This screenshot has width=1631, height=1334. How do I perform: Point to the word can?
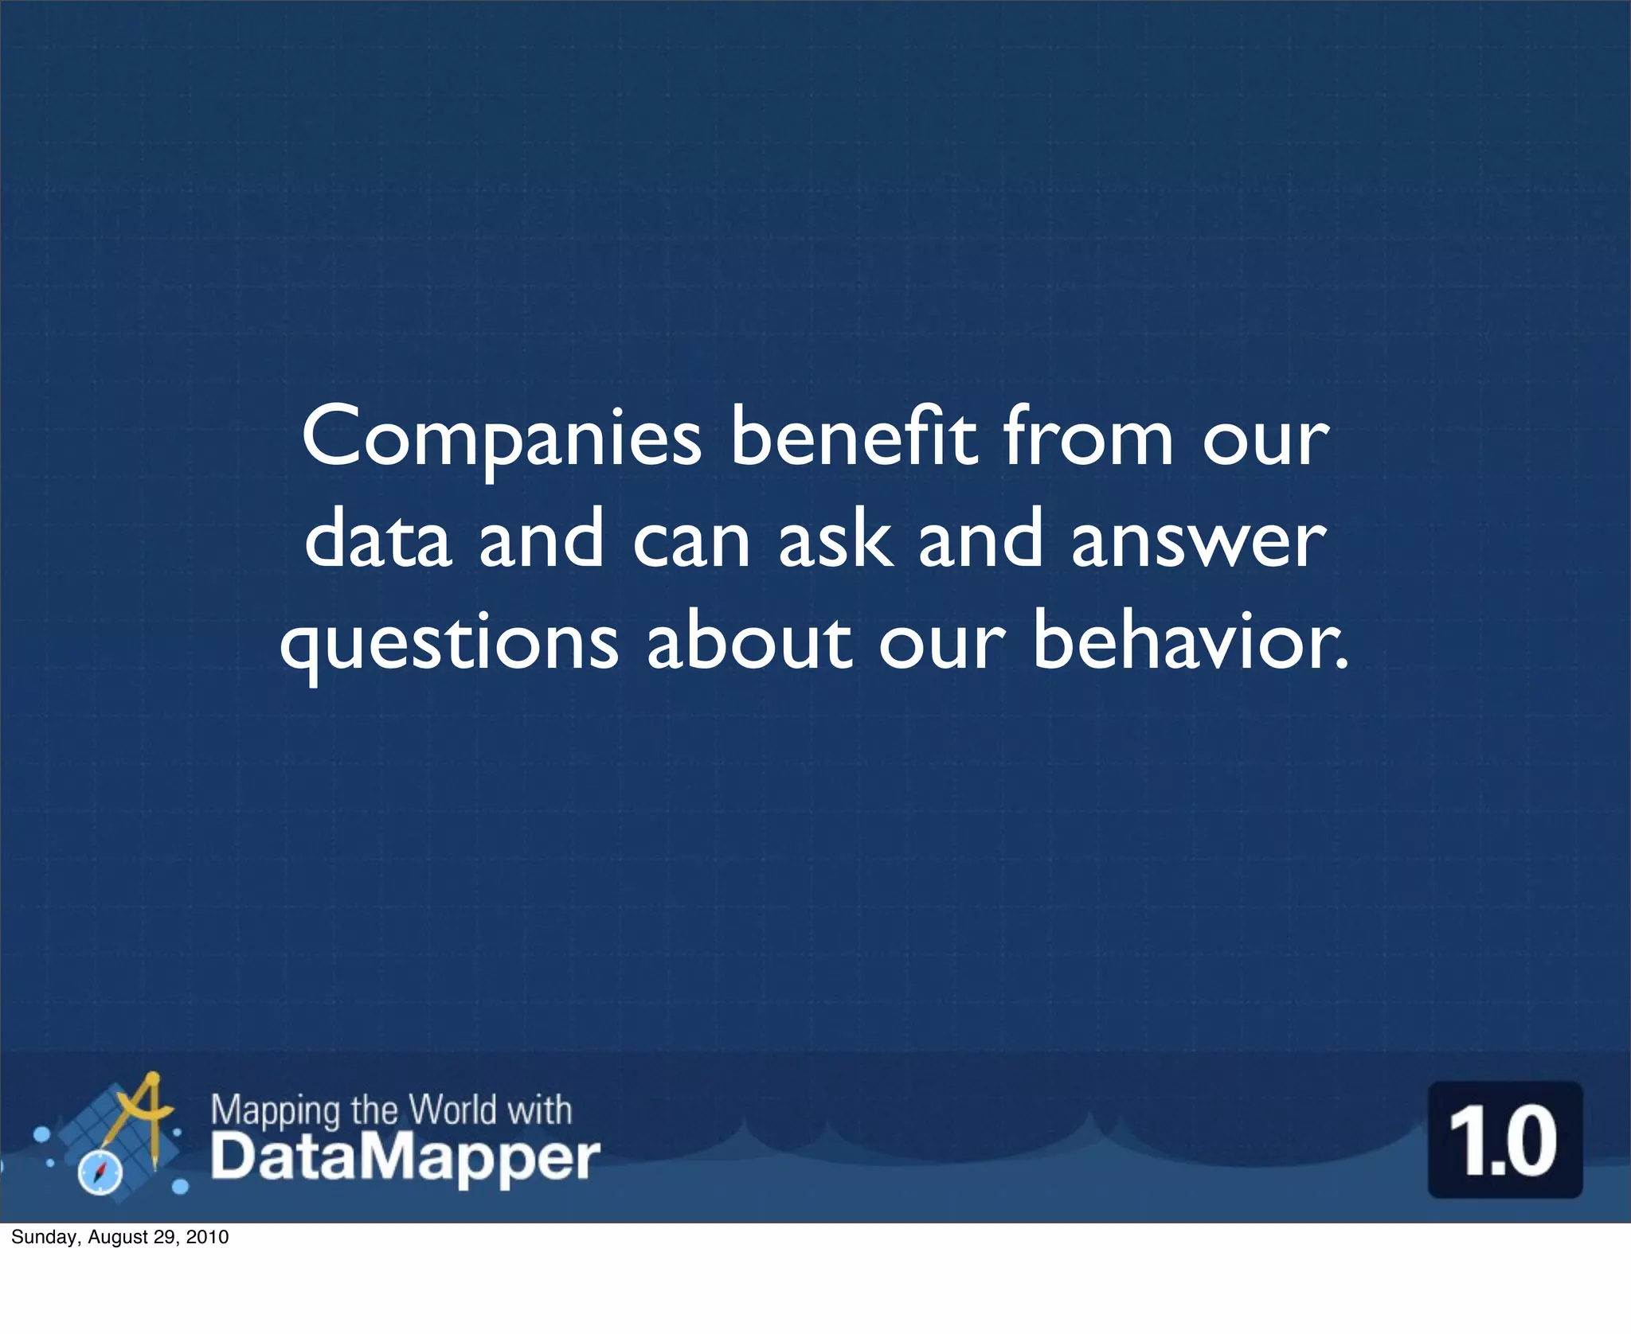tap(691, 541)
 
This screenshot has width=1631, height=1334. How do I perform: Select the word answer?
tap(1198, 541)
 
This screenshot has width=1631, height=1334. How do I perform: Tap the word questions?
tap(449, 643)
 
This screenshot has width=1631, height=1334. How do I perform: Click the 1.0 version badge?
tap(1504, 1141)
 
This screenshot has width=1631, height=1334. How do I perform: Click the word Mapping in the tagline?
tap(276, 1110)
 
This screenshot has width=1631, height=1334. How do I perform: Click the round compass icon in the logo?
tap(100, 1172)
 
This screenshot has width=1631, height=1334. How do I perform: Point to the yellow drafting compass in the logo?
tap(143, 1110)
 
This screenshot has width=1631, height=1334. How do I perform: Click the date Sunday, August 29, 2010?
tap(120, 1237)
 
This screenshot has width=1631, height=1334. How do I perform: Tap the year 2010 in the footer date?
tap(209, 1237)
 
